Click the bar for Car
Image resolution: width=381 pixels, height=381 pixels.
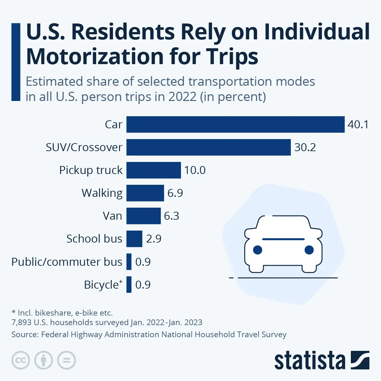pos(235,124)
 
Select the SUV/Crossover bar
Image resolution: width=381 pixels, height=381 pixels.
pos(208,147)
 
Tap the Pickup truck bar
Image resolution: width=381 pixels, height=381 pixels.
pos(153,170)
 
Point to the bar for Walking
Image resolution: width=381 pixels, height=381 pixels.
pos(145,193)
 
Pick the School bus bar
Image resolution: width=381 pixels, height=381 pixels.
pos(134,239)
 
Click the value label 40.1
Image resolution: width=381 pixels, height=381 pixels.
pos(358,124)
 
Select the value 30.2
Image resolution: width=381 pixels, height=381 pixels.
pos(305,147)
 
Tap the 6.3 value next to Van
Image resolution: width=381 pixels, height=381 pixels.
pos(171,216)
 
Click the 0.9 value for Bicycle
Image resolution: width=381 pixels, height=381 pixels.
pos(143,285)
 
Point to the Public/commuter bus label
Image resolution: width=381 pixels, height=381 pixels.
pos(67,262)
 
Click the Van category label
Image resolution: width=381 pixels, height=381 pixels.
pos(112,216)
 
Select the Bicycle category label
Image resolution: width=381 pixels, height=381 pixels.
pos(101,285)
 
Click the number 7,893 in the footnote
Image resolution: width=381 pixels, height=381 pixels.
pos(21,323)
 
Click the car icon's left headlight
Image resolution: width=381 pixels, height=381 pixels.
pos(257,250)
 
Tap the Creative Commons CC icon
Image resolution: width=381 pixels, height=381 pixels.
pos(21,360)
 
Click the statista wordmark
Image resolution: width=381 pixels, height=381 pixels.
pos(310,361)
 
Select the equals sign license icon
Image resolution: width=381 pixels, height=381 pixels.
pos(67,360)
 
